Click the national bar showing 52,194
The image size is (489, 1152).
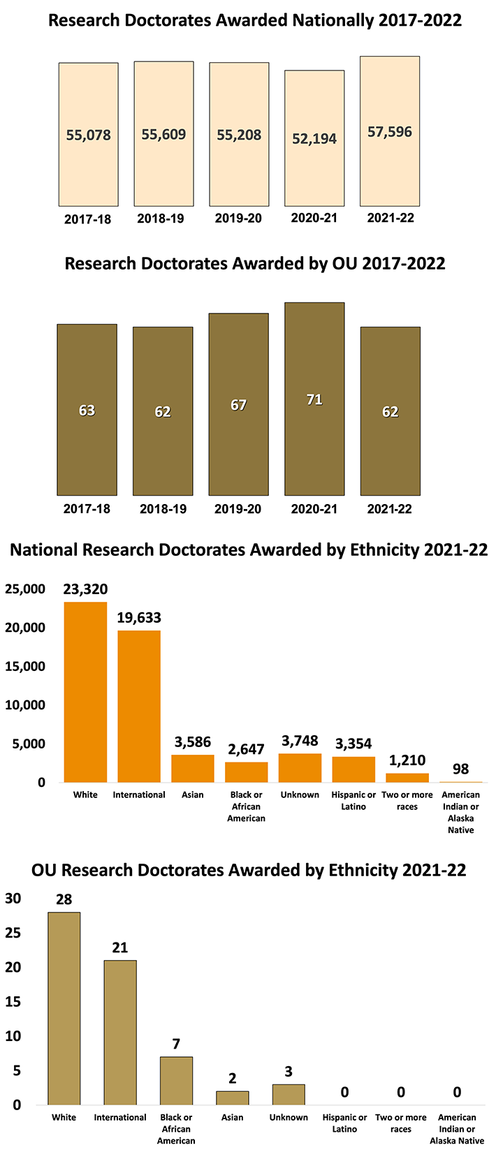[314, 138]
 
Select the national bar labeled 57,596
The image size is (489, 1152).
[390, 131]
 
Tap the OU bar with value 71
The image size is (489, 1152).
[314, 399]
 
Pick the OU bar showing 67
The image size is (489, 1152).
[239, 404]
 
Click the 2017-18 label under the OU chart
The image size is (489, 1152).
[87, 509]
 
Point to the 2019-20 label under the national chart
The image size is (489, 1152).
[238, 219]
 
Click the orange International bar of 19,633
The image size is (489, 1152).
[139, 706]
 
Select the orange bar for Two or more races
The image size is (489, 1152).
[407, 778]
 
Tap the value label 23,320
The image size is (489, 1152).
[85, 589]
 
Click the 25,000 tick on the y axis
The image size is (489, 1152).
[25, 589]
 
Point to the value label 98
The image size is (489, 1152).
[460, 769]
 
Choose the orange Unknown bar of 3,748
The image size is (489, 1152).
[300, 768]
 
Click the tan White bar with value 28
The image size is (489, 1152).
[64, 1008]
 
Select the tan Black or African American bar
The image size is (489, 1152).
[176, 1081]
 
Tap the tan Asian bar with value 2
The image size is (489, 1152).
[233, 1098]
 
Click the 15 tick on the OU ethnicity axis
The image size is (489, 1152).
[13, 1002]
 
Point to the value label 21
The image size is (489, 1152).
[119, 947]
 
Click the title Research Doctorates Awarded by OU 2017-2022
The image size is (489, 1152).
[255, 263]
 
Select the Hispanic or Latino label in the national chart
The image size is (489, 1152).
[353, 800]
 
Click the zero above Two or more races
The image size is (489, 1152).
[401, 1092]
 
